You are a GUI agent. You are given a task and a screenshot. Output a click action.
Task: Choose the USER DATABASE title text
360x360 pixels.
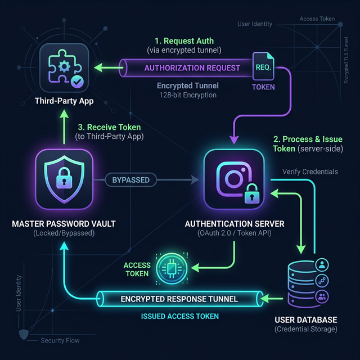point(305,319)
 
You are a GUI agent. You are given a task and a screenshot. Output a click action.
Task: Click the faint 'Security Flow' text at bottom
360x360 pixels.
point(60,341)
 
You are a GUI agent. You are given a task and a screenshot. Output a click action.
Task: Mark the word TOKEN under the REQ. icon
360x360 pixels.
point(263,87)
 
